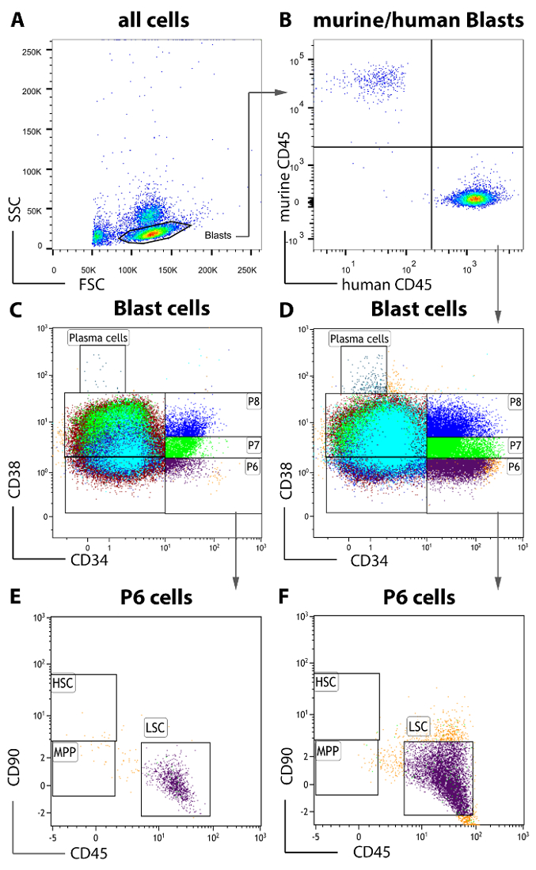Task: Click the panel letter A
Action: [17, 21]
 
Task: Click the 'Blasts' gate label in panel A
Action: [219, 235]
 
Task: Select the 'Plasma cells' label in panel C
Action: [98, 338]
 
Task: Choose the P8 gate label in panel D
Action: [515, 402]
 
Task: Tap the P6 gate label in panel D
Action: [515, 467]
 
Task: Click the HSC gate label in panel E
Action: [62, 683]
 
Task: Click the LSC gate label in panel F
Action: [418, 724]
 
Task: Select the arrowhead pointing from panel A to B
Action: [280, 93]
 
